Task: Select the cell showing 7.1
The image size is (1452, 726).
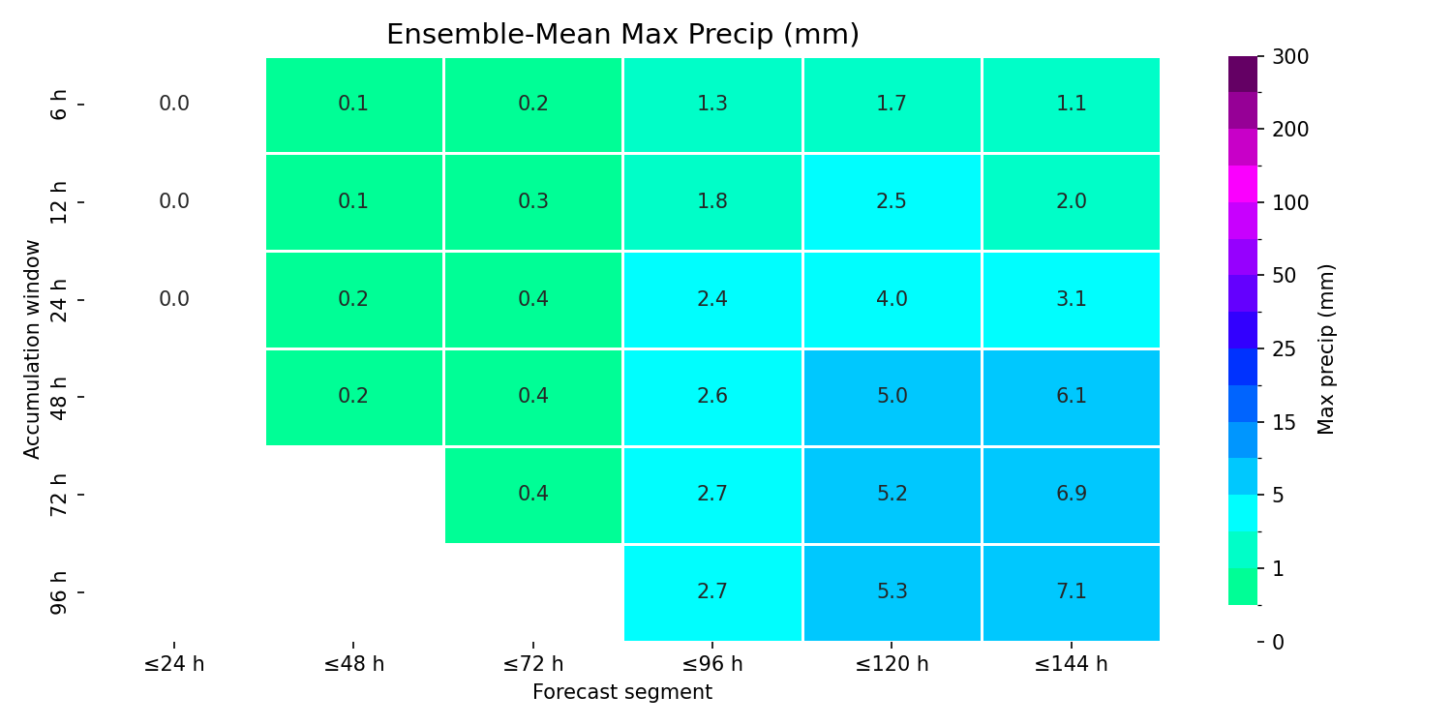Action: coord(1071,592)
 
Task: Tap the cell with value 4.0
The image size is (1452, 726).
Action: coord(892,299)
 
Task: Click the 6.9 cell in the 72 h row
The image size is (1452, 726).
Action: coord(1071,495)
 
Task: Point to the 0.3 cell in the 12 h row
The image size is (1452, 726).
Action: coord(532,201)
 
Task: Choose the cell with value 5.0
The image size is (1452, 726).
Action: coord(892,397)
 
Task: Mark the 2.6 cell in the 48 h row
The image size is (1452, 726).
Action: coord(712,397)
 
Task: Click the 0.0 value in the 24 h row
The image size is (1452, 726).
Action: coord(174,299)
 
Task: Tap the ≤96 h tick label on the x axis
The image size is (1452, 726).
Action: coord(712,664)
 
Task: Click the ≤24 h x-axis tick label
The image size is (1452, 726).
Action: coord(174,664)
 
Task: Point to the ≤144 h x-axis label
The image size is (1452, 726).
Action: coord(1071,664)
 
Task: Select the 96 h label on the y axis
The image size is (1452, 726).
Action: coord(58,592)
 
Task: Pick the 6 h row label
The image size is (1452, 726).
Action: coord(58,105)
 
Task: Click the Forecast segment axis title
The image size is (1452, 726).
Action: coord(622,692)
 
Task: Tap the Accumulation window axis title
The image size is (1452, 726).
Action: coord(31,349)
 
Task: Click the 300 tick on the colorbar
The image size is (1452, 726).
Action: coord(1290,57)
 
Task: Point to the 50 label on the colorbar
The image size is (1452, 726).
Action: coord(1285,276)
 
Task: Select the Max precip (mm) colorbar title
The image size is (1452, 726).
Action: coord(1326,349)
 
